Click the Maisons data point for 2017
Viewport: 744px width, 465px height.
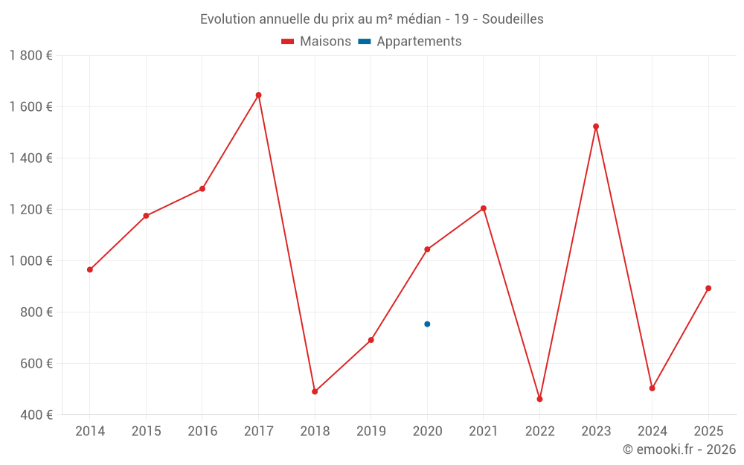[258, 95]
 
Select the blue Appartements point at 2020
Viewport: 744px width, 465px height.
[427, 324]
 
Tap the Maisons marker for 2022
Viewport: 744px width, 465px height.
[539, 400]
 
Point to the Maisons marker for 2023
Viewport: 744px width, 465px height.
[596, 126]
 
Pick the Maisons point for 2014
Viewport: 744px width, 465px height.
[90, 270]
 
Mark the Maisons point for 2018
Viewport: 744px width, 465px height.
[315, 391]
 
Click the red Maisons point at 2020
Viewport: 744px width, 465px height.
[427, 249]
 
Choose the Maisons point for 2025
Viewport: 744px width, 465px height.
[708, 288]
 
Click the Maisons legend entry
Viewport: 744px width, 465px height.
[316, 42]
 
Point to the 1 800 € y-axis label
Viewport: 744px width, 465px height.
[31, 56]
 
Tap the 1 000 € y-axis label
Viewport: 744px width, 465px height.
[31, 261]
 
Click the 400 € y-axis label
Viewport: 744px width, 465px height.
[36, 415]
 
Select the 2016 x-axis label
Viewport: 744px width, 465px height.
[202, 432]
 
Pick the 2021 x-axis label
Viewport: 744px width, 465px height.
[484, 432]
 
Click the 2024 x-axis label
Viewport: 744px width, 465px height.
[652, 432]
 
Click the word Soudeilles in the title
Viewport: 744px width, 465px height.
[513, 19]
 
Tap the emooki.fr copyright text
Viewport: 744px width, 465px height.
[679, 449]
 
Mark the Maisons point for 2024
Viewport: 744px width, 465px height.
[652, 388]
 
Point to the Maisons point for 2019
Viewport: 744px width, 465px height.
[371, 340]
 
